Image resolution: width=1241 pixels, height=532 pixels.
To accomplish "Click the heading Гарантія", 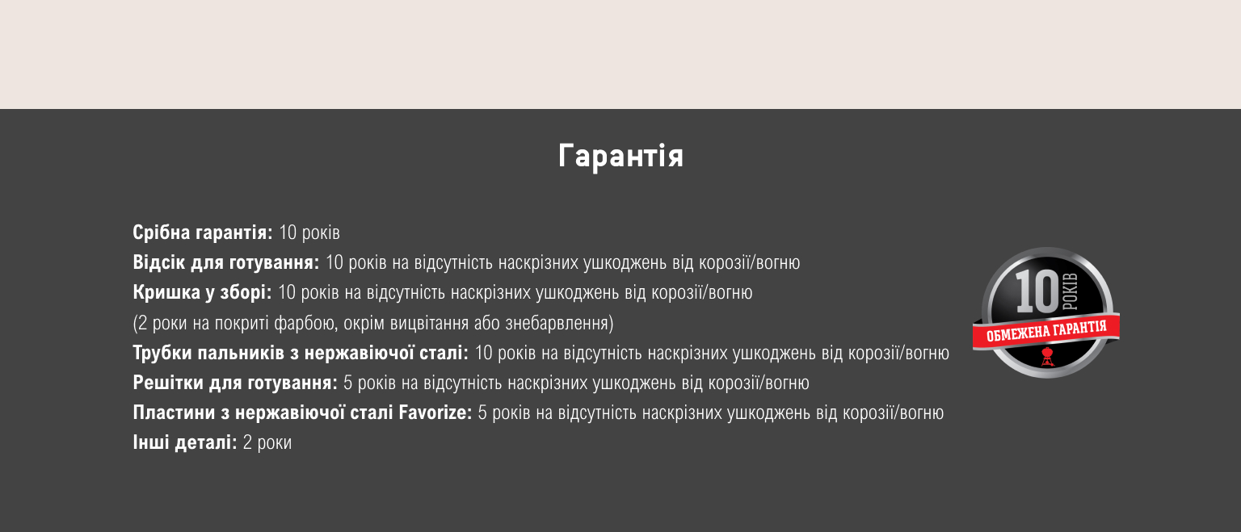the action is click(x=620, y=156).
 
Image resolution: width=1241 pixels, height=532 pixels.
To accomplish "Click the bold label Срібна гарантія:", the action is click(x=203, y=232).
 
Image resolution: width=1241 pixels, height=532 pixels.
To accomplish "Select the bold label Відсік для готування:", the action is click(x=226, y=262).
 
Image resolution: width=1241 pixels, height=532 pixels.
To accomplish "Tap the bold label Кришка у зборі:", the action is click(x=202, y=292).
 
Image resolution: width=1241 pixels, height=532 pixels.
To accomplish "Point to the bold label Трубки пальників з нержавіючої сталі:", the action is click(x=301, y=353).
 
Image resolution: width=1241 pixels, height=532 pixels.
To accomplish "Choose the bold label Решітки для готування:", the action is click(x=235, y=383).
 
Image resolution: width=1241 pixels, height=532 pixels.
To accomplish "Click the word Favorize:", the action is click(x=435, y=413).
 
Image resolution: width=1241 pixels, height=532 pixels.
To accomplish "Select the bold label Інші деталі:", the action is click(x=185, y=442).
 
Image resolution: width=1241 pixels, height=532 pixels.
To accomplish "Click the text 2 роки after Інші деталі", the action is click(x=267, y=442).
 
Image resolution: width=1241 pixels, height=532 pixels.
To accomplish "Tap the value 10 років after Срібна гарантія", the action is click(x=309, y=232).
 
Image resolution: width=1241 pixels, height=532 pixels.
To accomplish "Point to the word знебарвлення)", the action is click(x=559, y=323).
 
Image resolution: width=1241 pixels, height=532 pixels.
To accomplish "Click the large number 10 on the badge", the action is click(x=1037, y=291).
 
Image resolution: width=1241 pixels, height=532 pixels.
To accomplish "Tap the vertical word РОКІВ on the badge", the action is click(x=1071, y=291).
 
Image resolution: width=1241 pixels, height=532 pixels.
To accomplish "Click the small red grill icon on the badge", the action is click(x=1046, y=357).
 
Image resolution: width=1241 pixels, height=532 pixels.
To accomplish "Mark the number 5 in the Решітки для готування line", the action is click(x=348, y=383).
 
